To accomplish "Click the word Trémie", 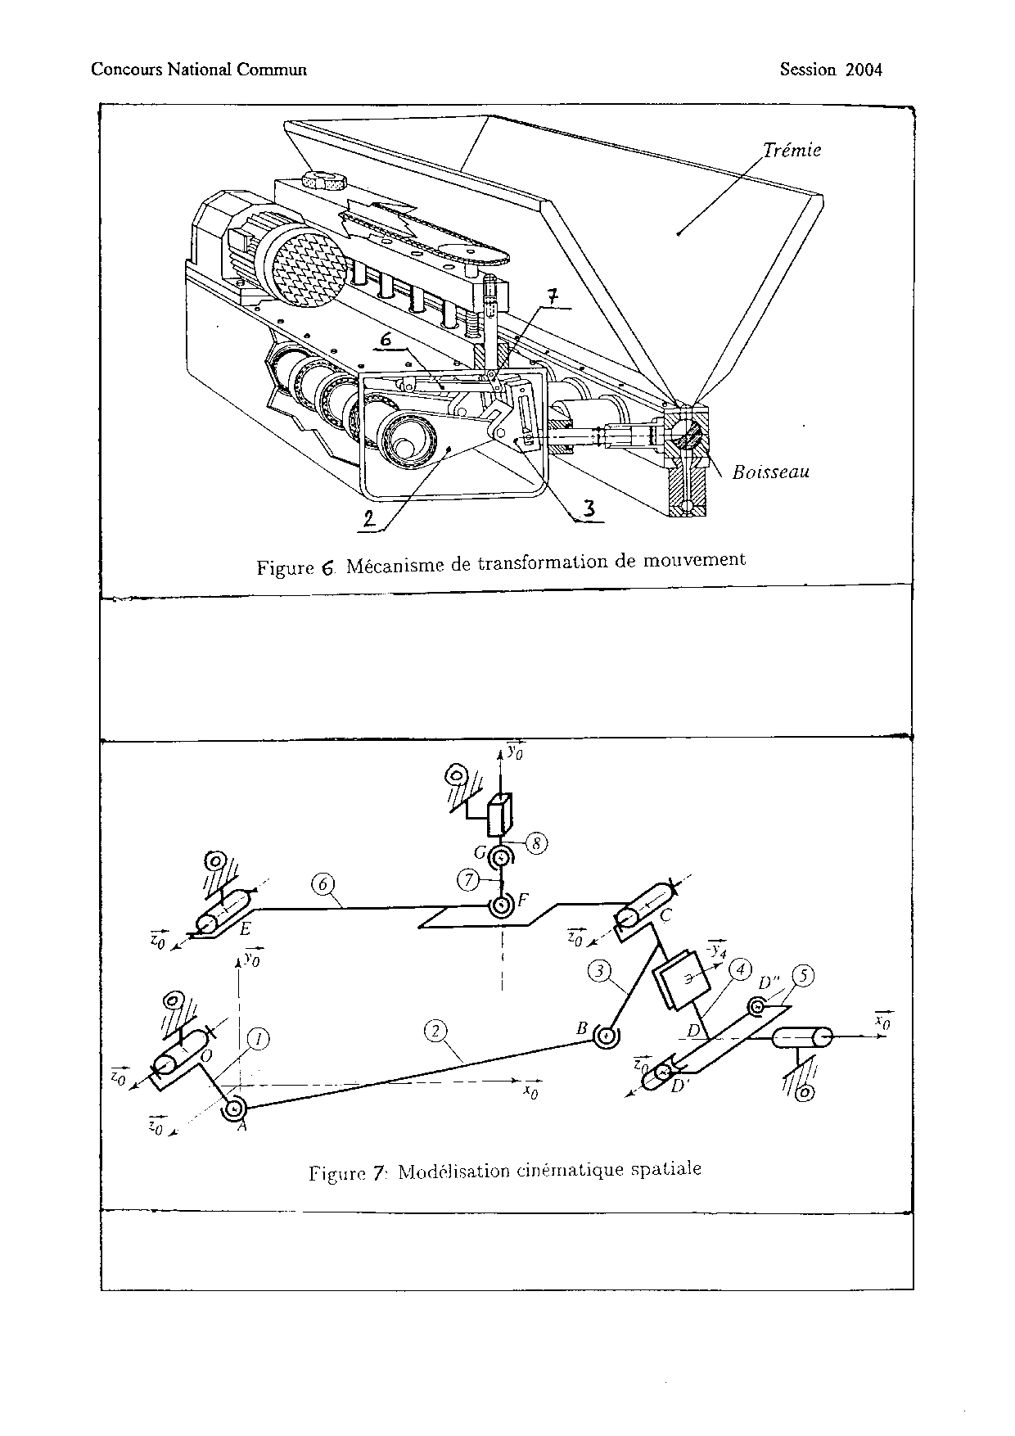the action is (x=792, y=150).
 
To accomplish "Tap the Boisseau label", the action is (x=771, y=472).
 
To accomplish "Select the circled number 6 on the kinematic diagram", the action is (x=324, y=884).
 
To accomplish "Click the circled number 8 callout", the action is (x=536, y=843).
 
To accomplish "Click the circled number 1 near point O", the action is (x=259, y=1039).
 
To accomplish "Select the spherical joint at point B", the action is (x=607, y=1036).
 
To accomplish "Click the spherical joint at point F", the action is (x=501, y=905).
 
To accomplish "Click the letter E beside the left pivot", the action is (x=245, y=929).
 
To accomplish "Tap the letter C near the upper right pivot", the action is (x=665, y=916).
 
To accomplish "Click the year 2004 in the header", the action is (x=864, y=70).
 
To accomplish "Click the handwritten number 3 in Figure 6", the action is (x=590, y=508).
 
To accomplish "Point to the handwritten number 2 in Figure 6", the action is (x=370, y=518).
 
